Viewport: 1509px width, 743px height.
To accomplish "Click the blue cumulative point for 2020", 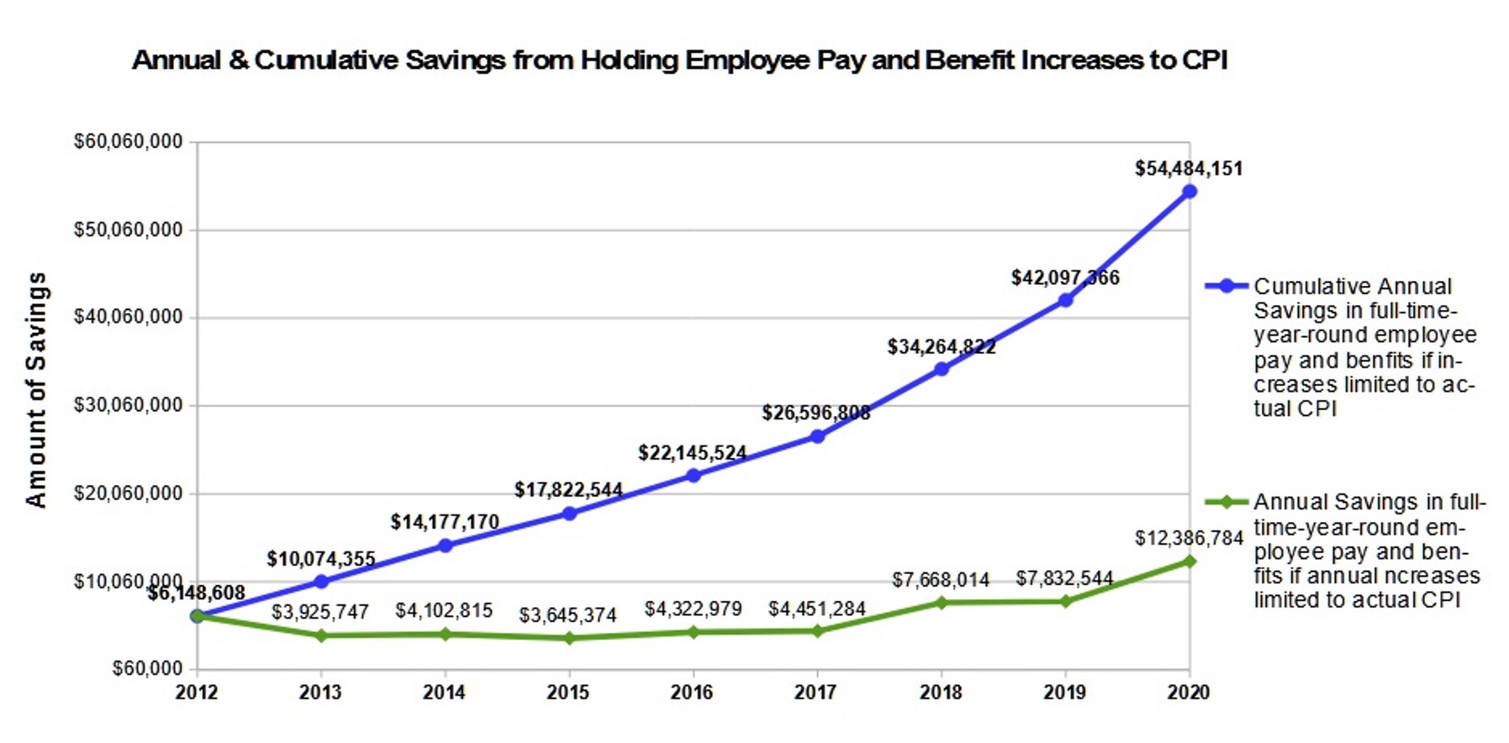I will [1189, 192].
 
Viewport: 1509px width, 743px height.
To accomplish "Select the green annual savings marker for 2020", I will [1189, 561].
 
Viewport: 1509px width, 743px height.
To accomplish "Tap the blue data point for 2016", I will [693, 476].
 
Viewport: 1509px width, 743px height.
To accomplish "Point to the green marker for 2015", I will [569, 638].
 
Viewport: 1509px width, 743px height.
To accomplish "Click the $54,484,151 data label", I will [1188, 168].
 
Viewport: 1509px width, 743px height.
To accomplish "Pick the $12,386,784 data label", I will [1188, 538].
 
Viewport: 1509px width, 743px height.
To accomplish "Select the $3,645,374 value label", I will [567, 615].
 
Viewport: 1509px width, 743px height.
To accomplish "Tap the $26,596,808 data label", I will [815, 413].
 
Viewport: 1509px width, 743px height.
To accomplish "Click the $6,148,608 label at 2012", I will [197, 593].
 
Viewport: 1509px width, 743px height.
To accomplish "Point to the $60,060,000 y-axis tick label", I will [128, 141].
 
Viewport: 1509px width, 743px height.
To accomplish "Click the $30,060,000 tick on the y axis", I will [128, 405].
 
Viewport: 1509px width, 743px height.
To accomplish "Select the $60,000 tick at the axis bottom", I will [147, 669].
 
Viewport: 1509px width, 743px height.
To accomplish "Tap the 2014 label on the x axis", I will [444, 693].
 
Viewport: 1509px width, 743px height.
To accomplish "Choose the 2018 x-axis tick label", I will [940, 693].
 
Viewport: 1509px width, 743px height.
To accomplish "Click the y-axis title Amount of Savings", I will [36, 389].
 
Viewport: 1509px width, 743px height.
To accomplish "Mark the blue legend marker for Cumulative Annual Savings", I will [1227, 286].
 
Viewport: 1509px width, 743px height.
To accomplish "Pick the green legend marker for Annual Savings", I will [1227, 503].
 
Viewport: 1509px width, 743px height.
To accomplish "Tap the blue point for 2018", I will [941, 369].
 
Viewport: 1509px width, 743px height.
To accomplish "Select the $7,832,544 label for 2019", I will [1063, 578].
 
